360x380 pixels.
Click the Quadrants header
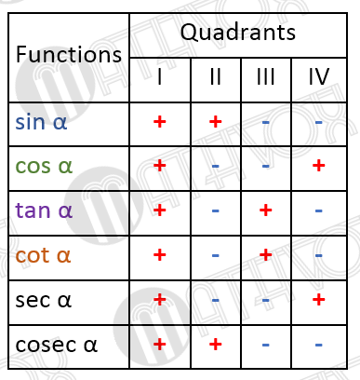pyautogui.click(x=237, y=34)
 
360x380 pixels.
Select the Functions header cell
pyautogui.click(x=69, y=55)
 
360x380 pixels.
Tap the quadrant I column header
pyautogui.click(x=159, y=77)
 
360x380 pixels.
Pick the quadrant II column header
pyautogui.click(x=215, y=77)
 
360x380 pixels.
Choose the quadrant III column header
pyautogui.click(x=265, y=77)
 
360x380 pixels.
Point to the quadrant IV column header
pyautogui.click(x=319, y=77)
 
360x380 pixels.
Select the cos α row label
pyautogui.click(x=45, y=166)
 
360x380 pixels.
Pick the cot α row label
pyautogui.click(x=43, y=255)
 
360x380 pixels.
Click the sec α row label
pyautogui.click(x=43, y=300)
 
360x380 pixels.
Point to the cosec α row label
pyautogui.click(x=56, y=345)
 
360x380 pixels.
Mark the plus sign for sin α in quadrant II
pyautogui.click(x=215, y=121)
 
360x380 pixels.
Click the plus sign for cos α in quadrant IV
pyautogui.click(x=319, y=166)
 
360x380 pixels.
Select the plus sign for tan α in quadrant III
pyautogui.click(x=265, y=210)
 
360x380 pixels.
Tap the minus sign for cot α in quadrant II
pyautogui.click(x=215, y=255)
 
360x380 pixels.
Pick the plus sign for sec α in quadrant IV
pyautogui.click(x=319, y=300)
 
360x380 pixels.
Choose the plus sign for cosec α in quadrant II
pyautogui.click(x=215, y=345)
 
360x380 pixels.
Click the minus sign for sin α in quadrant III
pyautogui.click(x=265, y=121)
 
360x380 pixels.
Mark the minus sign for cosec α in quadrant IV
pyautogui.click(x=319, y=345)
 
